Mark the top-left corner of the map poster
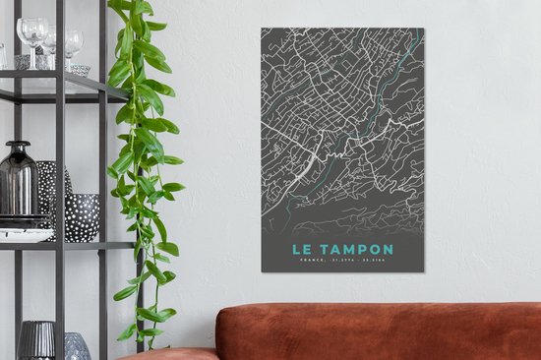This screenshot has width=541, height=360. tap(262, 29)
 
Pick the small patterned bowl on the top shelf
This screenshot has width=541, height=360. tap(80, 70)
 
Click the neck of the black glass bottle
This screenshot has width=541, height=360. tap(17, 149)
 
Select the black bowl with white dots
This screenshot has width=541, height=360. tap(82, 216)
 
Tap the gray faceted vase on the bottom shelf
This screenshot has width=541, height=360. tap(76, 345)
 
